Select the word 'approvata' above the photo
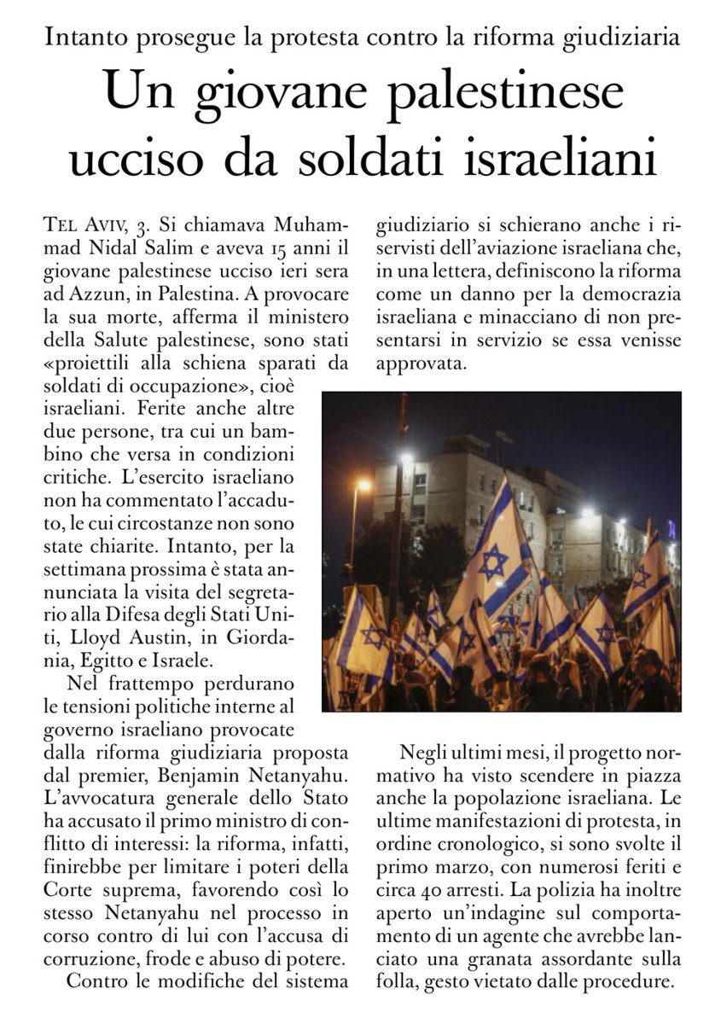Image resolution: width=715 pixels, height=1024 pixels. pyautogui.click(x=414, y=362)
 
